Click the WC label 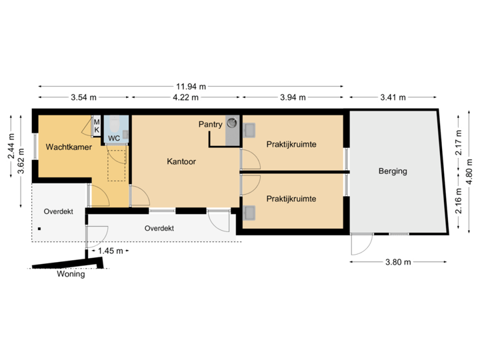[114, 139]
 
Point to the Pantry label [210, 124]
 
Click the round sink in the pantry [232, 123]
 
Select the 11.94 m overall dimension [191, 86]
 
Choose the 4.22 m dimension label [185, 97]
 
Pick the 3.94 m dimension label [292, 97]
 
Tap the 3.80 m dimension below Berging [399, 262]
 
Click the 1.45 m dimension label [109, 251]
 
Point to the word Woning [71, 274]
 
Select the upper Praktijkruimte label [291, 144]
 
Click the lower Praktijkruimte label [291, 199]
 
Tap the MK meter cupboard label [96, 125]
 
